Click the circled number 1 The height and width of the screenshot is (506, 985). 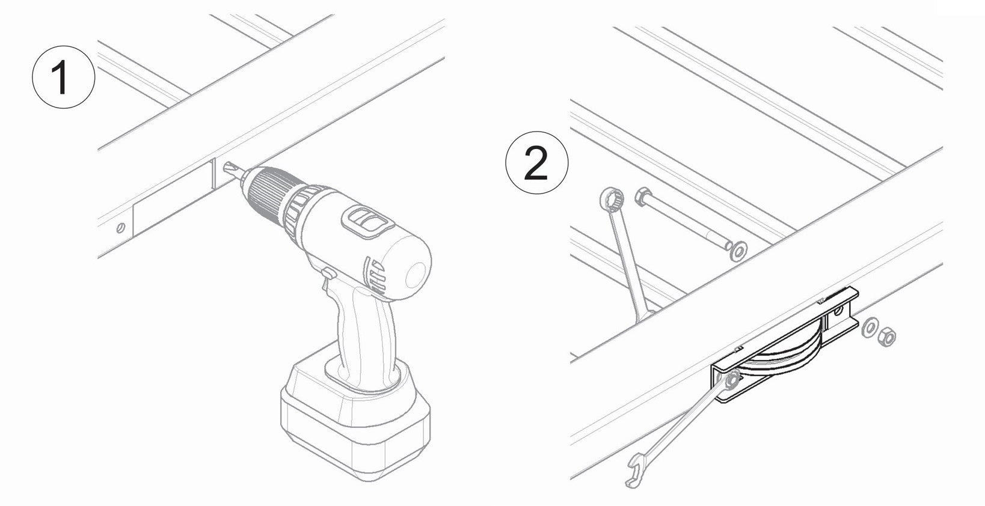pos(63,77)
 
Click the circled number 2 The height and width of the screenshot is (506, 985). pos(536,163)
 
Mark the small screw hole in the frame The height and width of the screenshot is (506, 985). pos(120,227)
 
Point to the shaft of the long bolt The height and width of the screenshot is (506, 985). pos(687,222)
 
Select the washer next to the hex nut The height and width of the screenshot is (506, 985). pos(868,328)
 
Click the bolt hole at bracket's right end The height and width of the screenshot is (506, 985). pos(838,311)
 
